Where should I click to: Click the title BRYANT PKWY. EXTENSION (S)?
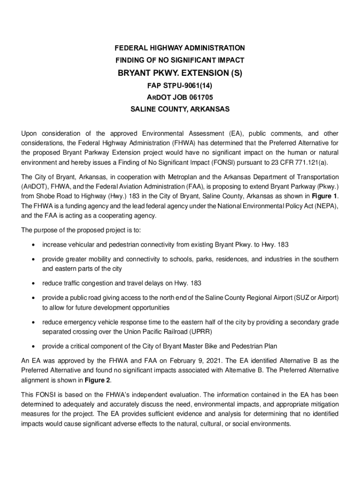(x=180, y=73)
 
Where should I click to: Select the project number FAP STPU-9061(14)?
(x=180, y=86)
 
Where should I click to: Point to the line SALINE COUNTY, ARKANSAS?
(x=180, y=109)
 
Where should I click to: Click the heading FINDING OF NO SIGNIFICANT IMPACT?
(x=180, y=60)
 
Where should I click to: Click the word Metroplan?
(x=179, y=177)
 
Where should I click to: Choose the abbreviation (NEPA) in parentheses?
(x=324, y=206)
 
